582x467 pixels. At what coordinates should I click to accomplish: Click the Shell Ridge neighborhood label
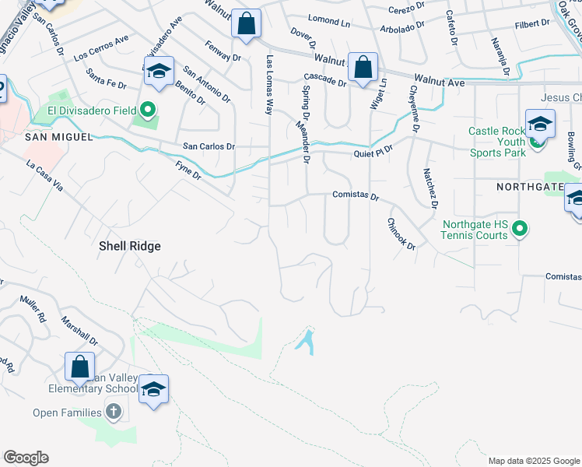[x=129, y=246]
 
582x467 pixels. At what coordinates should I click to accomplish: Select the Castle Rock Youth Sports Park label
[x=498, y=142]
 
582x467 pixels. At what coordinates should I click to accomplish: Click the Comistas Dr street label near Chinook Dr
[x=356, y=196]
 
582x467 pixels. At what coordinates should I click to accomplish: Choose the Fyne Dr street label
[x=188, y=170]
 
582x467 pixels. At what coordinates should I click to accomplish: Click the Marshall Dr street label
[x=79, y=330]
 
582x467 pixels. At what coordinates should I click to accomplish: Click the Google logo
[x=26, y=458]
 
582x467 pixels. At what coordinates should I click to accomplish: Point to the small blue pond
[x=306, y=342]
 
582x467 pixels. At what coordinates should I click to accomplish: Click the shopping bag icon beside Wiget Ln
[x=363, y=67]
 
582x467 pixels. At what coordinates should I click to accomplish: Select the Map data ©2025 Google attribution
[x=534, y=461]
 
